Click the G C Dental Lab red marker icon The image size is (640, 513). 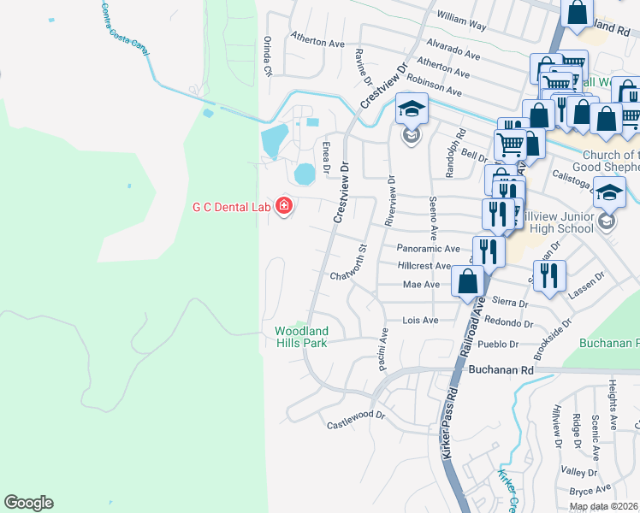point(283,207)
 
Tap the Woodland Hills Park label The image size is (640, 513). point(300,337)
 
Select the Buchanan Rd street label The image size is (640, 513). point(501,370)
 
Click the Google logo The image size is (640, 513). point(28,503)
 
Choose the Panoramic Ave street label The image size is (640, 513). point(429,248)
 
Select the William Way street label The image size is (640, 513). point(460,21)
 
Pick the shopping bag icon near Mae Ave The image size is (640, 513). point(468,281)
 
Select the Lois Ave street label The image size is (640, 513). point(420,321)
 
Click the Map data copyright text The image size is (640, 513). point(604,506)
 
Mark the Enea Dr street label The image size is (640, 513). point(326,156)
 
